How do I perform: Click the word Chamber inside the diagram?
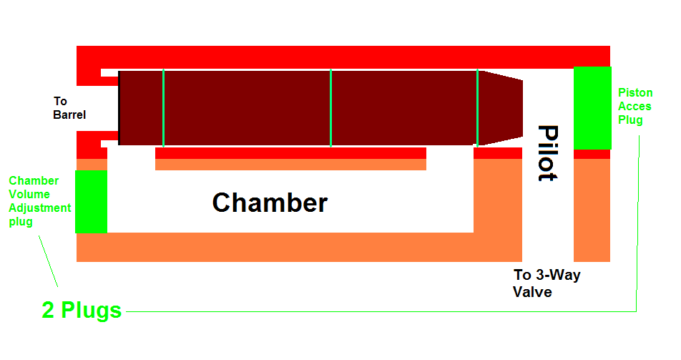(x=270, y=203)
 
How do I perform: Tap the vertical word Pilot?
(x=548, y=153)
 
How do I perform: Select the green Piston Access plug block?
(x=592, y=108)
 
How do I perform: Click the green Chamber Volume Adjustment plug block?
(x=91, y=201)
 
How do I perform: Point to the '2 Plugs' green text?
(x=82, y=311)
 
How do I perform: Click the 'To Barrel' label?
(x=69, y=108)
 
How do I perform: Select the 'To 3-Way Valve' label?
(x=547, y=283)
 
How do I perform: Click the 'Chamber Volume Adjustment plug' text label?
(x=40, y=201)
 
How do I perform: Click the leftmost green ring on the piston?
(x=163, y=108)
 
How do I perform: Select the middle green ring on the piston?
(x=330, y=108)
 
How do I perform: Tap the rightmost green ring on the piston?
(x=477, y=108)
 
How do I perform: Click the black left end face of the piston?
(x=119, y=108)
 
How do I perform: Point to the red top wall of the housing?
(x=343, y=57)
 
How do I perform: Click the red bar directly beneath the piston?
(x=290, y=153)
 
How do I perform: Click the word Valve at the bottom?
(x=533, y=292)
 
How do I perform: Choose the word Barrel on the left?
(x=69, y=115)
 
